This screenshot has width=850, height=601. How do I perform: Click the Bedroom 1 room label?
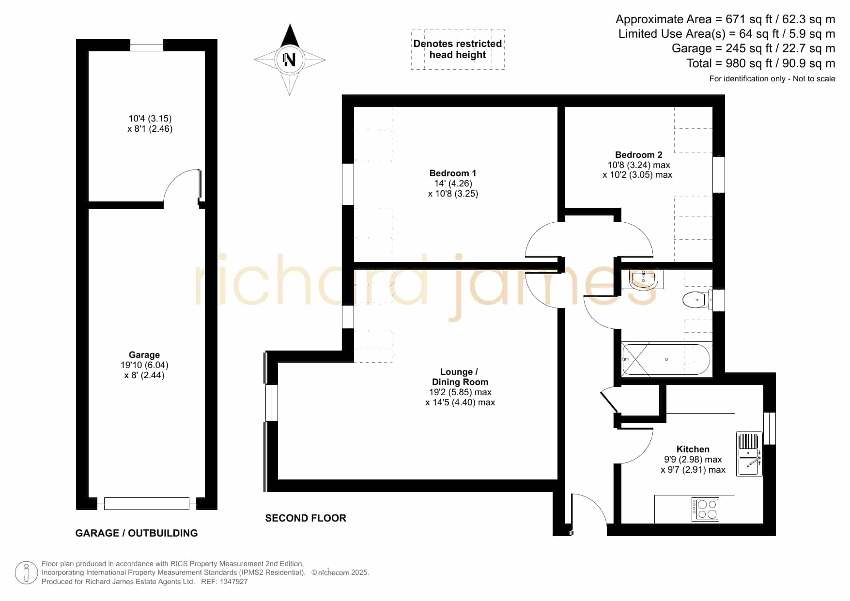(453, 173)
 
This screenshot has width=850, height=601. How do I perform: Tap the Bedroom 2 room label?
(638, 155)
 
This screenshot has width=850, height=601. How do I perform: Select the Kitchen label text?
(693, 449)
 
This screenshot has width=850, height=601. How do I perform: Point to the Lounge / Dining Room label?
(460, 377)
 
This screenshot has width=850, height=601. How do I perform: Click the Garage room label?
(144, 355)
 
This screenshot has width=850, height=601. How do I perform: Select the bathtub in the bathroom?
(666, 360)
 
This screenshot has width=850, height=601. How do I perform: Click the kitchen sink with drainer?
(749, 454)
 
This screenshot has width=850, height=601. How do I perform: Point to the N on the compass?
(290, 60)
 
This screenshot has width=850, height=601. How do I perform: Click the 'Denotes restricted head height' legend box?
(458, 49)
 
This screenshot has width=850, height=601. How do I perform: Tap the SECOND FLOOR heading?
(306, 518)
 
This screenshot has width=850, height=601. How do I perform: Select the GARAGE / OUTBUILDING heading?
(137, 533)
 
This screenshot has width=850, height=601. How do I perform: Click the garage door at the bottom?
(146, 504)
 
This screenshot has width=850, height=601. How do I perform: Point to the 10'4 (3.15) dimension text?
(150, 119)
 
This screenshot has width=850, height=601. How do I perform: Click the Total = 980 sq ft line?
(760, 63)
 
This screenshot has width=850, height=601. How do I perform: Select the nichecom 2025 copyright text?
(340, 572)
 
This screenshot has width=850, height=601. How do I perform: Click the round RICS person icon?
(26, 573)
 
